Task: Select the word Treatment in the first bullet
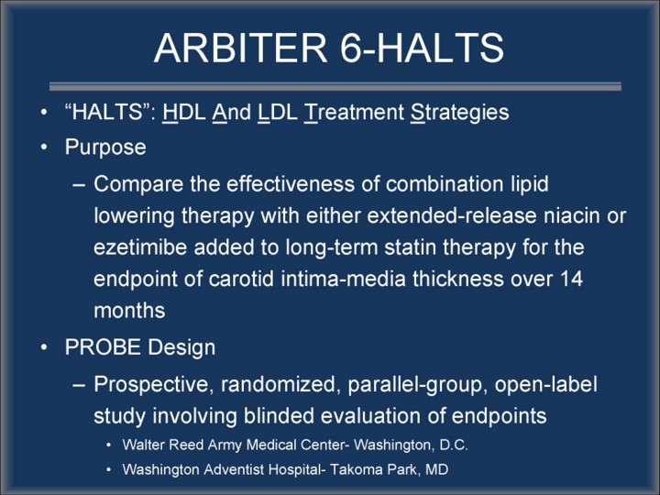click(x=354, y=112)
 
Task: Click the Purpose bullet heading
click(x=105, y=148)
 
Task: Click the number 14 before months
click(x=571, y=279)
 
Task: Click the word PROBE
click(x=103, y=347)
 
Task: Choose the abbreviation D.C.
click(x=454, y=445)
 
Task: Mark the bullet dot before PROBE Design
click(x=44, y=347)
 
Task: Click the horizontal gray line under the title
click(x=335, y=86)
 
